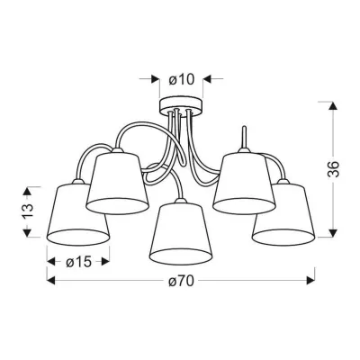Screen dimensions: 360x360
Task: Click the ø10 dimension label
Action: tap(182, 79)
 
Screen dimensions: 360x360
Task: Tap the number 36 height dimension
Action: tap(334, 169)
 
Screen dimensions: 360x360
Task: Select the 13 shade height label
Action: tap(27, 211)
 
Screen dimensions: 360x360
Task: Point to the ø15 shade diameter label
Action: tap(78, 263)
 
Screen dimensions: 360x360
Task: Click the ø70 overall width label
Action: tap(181, 281)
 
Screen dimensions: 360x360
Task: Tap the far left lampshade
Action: tap(78, 213)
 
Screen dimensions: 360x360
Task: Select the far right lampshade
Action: tap(283, 213)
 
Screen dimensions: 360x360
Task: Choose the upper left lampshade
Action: tap(117, 183)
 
